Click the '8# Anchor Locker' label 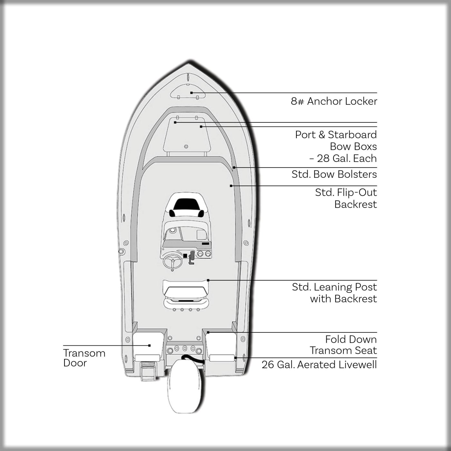tap(334, 101)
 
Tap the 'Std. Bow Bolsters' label tap(334, 174)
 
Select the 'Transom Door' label tap(84, 358)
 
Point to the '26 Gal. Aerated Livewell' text tap(319, 365)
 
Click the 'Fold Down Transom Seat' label tap(343, 345)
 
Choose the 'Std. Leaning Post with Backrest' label tap(334, 293)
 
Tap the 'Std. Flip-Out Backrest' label tap(346, 198)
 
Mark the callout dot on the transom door tap(149, 345)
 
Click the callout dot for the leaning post tap(208, 280)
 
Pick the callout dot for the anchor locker tap(191, 93)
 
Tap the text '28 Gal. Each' tap(347, 158)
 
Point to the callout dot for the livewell tap(235, 358)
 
